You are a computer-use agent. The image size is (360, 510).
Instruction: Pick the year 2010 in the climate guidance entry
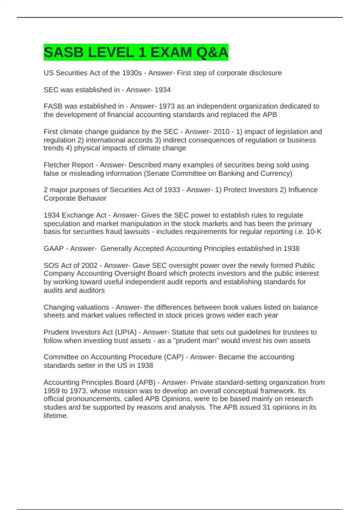[x=221, y=132]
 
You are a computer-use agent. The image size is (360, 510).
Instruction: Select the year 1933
[x=172, y=190]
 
